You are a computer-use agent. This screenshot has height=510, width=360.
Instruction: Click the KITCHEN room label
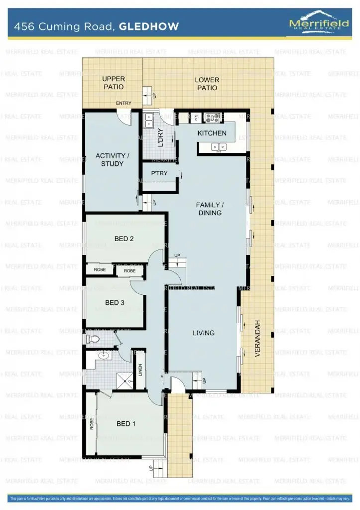[212, 133]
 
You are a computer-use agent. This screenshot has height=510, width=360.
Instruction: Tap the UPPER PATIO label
[114, 83]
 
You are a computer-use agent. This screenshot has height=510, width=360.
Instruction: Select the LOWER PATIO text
[207, 84]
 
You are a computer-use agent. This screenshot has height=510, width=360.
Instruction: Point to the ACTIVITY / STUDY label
[112, 160]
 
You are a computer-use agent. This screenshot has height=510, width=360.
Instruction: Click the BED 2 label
[124, 239]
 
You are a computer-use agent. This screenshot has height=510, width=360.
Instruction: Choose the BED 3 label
[115, 302]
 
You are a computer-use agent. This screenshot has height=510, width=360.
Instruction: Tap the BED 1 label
[126, 424]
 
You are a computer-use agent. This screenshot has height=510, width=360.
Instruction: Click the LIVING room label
[204, 333]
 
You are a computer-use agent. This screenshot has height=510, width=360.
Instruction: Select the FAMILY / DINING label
[209, 209]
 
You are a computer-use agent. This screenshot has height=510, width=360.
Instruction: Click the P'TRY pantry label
[159, 173]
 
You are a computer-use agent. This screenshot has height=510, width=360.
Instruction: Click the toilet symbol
[93, 339]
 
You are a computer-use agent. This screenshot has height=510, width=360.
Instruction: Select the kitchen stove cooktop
[214, 118]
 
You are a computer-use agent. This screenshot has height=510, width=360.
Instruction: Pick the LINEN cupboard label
[140, 369]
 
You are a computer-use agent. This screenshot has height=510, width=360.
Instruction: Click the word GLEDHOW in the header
[149, 27]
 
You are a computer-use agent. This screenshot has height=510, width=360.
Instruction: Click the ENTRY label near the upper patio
[123, 104]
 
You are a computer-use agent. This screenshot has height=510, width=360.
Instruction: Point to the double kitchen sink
[219, 146]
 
